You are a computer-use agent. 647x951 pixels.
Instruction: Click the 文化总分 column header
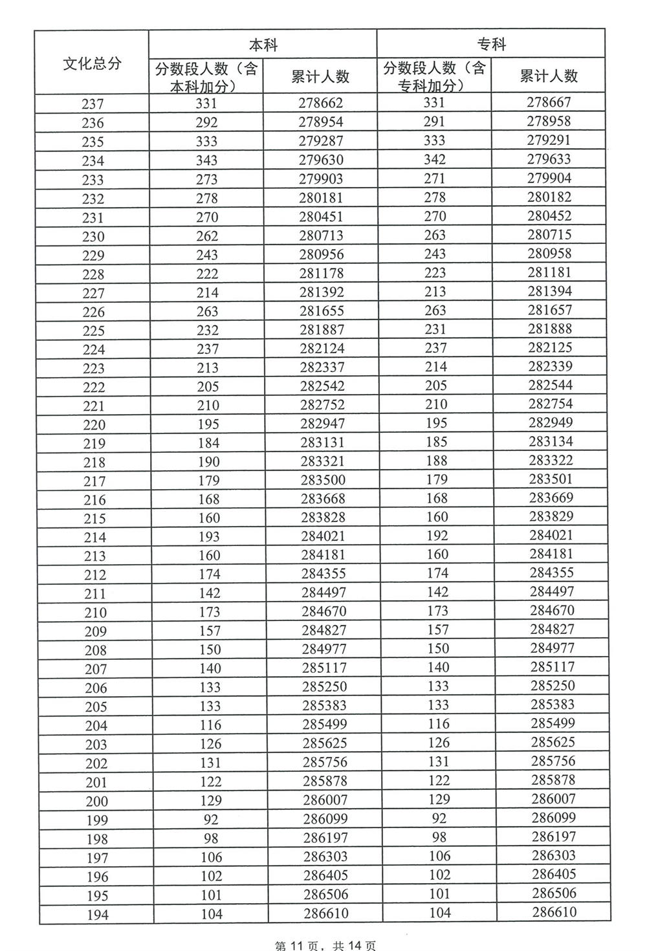tap(92, 63)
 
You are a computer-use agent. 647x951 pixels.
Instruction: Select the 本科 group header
tap(263, 45)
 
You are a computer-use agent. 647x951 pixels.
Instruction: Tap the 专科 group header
tap(491, 44)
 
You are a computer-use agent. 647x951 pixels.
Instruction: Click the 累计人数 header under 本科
tap(320, 76)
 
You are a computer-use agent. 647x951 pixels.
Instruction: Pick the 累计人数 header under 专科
tap(549, 76)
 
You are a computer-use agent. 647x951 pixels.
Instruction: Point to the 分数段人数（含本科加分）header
tap(206, 77)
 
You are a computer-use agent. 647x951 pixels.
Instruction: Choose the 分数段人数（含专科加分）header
tap(434, 76)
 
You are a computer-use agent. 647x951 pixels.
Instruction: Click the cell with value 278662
tap(321, 103)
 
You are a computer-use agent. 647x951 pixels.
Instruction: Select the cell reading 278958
tap(549, 121)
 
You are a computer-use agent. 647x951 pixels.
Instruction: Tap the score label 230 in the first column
tap(93, 237)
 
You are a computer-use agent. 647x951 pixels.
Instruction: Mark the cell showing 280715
tap(549, 235)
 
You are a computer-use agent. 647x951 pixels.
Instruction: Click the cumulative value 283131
tap(322, 443)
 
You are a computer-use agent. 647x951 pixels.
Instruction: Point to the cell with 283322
tap(550, 461)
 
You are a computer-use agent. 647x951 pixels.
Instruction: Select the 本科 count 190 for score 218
tap(209, 462)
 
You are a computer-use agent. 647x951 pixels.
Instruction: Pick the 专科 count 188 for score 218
tap(436, 461)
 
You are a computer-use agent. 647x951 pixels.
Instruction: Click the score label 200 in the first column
tap(96, 802)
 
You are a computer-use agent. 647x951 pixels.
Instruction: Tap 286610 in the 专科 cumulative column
tap(553, 912)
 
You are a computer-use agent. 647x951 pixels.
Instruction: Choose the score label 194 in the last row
tap(96, 915)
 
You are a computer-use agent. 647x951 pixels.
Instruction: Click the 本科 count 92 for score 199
tap(211, 819)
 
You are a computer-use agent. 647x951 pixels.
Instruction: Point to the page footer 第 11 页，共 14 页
tap(325, 945)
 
